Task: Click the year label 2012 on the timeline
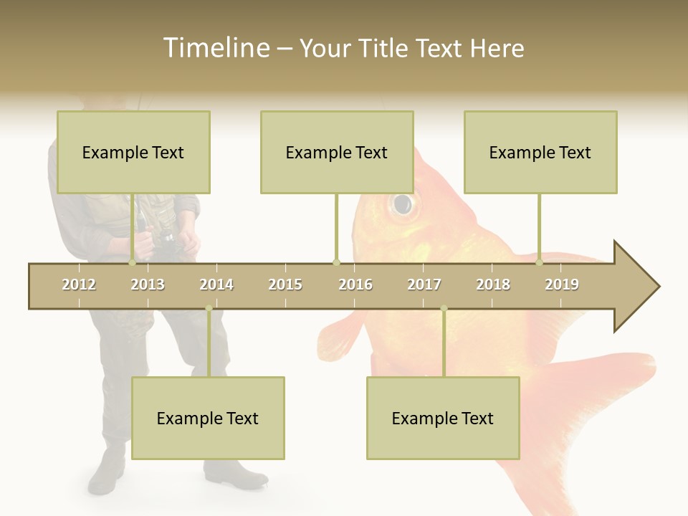(x=79, y=285)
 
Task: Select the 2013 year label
(x=148, y=285)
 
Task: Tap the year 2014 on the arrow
(x=216, y=285)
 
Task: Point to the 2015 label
(x=285, y=285)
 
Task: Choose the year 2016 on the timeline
(x=355, y=285)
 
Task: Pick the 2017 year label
(x=424, y=285)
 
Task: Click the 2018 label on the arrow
(x=493, y=285)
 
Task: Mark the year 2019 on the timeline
(x=562, y=285)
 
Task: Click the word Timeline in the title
(x=214, y=48)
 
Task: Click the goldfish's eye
(x=403, y=204)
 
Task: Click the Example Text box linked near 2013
(x=133, y=152)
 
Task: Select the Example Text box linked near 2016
(x=337, y=152)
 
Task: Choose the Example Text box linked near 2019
(x=540, y=152)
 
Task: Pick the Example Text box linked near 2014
(x=208, y=418)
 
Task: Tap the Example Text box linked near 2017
(x=443, y=418)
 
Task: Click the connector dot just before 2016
(x=337, y=263)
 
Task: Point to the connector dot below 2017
(x=444, y=309)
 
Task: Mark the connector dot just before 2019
(x=540, y=263)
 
